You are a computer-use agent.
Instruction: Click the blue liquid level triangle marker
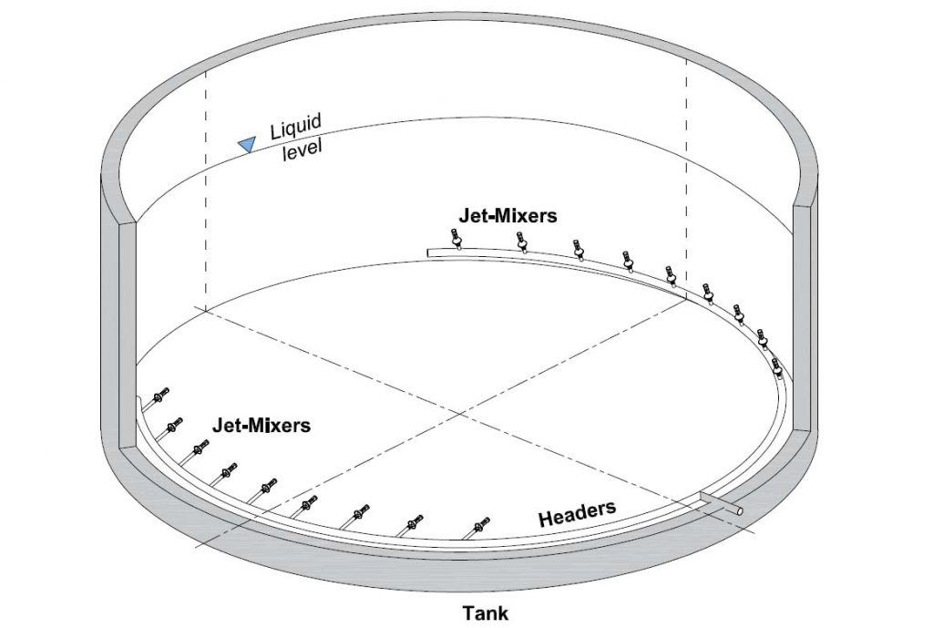click(x=246, y=143)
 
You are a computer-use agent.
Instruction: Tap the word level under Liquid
click(x=302, y=149)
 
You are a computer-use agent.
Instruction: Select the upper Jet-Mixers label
click(x=508, y=215)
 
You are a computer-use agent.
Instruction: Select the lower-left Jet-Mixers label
click(x=261, y=425)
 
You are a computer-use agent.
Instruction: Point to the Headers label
click(x=577, y=514)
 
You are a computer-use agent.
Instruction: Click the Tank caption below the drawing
click(x=486, y=613)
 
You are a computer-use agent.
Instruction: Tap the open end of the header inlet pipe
click(x=738, y=510)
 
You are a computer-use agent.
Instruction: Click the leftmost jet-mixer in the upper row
click(x=457, y=239)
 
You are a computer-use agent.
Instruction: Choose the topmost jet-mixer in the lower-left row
click(x=160, y=395)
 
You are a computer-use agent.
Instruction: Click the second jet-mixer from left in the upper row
click(x=521, y=242)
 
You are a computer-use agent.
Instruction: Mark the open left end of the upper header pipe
click(x=428, y=253)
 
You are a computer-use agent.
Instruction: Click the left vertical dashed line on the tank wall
click(x=206, y=190)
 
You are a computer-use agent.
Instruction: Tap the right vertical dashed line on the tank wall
click(x=687, y=178)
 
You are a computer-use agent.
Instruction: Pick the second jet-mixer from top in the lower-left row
click(x=174, y=425)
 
